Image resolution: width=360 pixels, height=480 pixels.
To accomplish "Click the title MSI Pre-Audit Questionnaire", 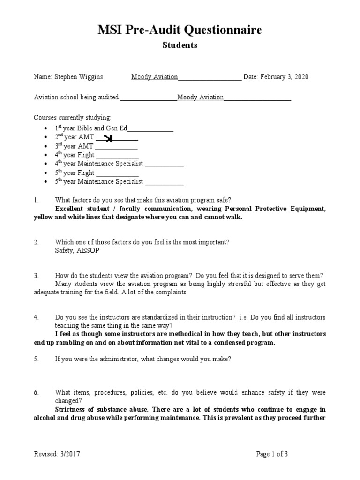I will pos(180,30).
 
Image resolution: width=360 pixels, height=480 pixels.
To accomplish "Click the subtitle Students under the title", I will pos(180,45).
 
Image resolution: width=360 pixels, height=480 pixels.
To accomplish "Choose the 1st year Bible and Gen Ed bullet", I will pos(45,128).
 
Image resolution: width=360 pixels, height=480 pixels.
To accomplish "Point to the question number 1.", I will pos(36,200).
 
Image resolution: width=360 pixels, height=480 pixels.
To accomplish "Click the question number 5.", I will pos(36,360).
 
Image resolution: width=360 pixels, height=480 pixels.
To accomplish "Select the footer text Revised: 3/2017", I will pos(60,454).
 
